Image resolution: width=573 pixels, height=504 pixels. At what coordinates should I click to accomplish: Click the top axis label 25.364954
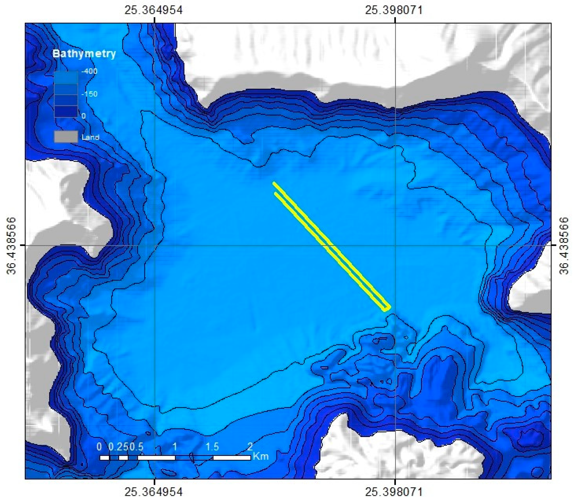[154, 10]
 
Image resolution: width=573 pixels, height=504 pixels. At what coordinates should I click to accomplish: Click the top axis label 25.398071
[394, 10]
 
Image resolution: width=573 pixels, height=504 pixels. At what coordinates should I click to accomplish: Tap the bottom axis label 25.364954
[154, 492]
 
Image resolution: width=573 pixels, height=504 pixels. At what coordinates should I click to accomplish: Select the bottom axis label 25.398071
[394, 492]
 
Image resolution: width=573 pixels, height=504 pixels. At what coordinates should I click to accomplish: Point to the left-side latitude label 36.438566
[11, 245]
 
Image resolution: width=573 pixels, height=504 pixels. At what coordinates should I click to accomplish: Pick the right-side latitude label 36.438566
[564, 245]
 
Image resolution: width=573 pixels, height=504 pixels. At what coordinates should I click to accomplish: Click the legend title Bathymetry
[84, 54]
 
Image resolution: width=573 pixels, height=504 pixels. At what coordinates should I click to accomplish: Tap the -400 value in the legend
[89, 71]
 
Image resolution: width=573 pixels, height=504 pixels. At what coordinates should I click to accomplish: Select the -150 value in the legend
[89, 94]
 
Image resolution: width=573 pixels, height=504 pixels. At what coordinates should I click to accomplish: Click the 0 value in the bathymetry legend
[84, 116]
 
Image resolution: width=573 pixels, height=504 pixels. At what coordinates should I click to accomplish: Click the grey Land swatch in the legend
[66, 137]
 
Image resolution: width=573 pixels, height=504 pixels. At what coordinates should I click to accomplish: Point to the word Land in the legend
[90, 137]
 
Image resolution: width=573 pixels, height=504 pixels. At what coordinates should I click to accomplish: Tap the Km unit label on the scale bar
[261, 456]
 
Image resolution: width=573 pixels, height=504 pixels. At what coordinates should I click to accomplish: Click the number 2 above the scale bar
[250, 446]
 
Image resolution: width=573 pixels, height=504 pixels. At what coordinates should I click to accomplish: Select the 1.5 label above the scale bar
[212, 447]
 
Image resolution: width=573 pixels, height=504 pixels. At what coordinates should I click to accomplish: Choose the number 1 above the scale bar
[175, 447]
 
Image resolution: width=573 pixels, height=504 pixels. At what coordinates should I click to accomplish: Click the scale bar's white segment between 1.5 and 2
[232, 458]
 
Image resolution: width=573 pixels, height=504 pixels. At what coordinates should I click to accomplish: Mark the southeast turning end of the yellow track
[387, 308]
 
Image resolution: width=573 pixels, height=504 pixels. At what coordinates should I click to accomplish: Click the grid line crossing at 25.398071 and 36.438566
[395, 245]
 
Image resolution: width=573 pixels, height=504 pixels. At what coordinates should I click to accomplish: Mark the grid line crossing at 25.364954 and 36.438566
[154, 245]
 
